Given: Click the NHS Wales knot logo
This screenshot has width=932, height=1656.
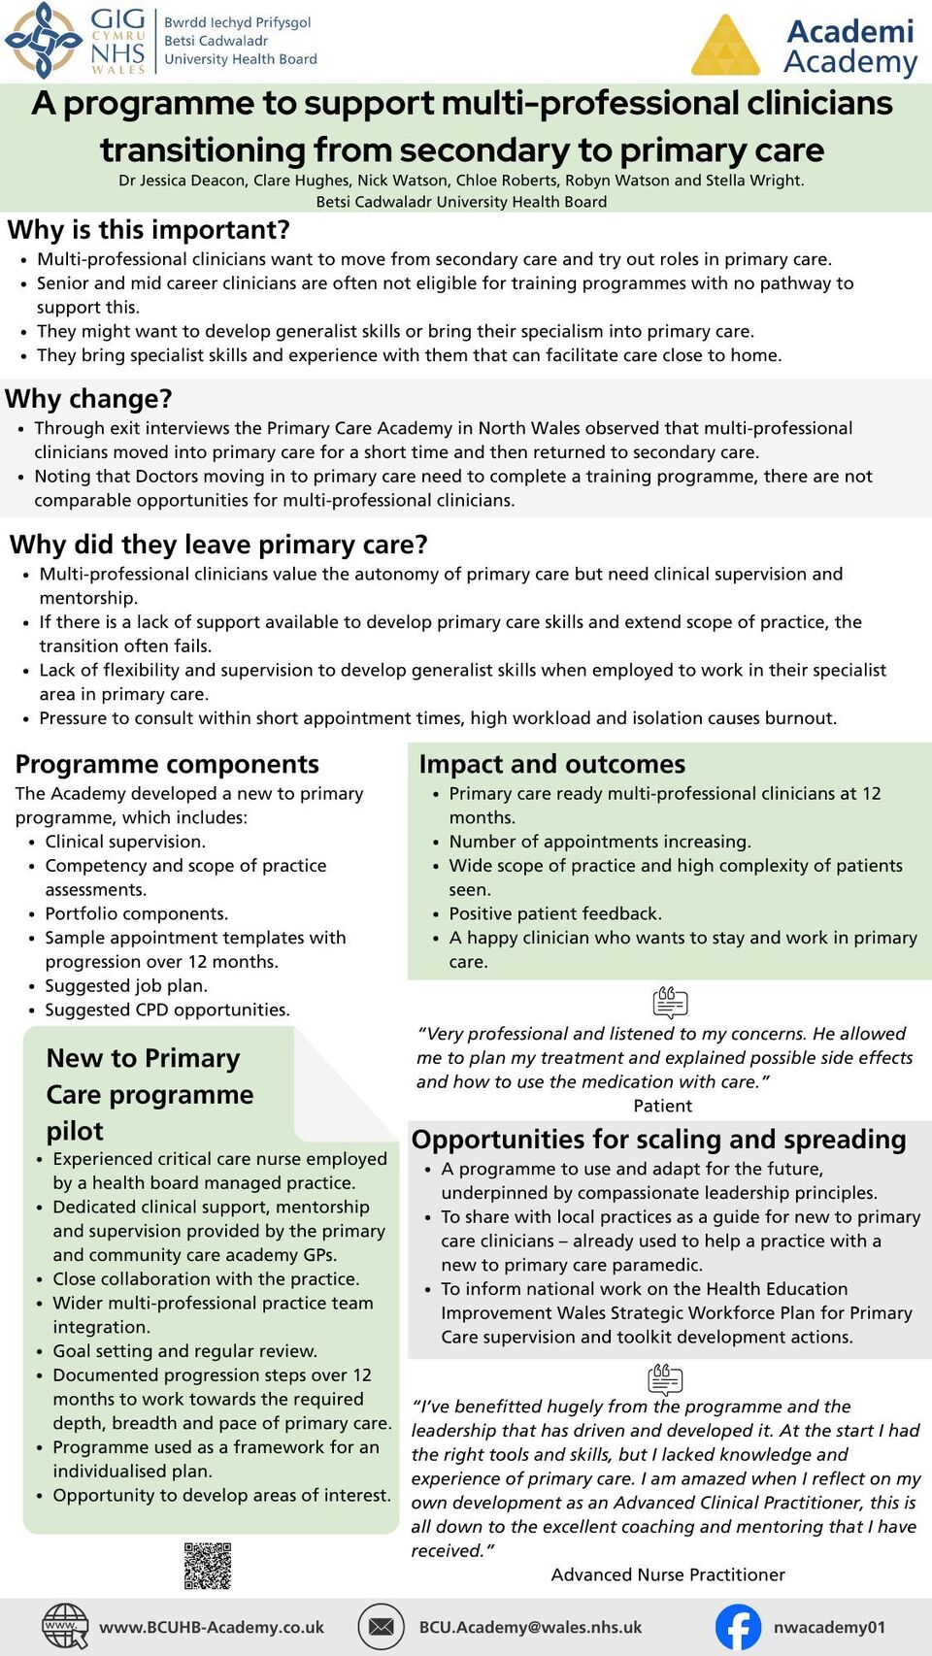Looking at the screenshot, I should point(43,40).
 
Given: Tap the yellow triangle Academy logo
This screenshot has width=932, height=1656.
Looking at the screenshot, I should point(725,48).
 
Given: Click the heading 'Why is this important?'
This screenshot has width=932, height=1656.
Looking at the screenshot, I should point(149,230).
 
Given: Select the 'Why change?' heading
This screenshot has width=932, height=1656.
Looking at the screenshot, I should point(88,399).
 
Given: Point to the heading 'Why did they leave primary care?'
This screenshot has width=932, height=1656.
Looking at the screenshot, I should point(218,545).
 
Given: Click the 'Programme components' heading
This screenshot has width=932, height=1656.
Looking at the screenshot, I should point(167,764).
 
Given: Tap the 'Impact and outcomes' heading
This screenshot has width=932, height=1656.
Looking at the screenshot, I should point(551,764).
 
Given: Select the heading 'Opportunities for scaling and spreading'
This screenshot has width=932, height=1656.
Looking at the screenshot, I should point(658,1139).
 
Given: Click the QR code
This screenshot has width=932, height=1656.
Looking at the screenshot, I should point(208,1566).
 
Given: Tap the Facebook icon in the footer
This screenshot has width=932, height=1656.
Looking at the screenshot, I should point(738,1627).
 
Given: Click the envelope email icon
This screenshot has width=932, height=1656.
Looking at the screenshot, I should point(381,1627).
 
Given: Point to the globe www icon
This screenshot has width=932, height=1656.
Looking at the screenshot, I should point(65,1627).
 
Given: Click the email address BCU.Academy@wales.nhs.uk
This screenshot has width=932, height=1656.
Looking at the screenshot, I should point(530,1627).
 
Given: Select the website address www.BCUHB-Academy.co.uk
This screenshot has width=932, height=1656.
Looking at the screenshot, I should point(212,1627).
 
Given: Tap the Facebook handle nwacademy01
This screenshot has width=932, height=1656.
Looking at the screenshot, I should point(829,1627).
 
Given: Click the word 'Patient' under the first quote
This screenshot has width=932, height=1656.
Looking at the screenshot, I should point(663,1106).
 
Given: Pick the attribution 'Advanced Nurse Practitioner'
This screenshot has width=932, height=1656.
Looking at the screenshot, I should point(668,1574).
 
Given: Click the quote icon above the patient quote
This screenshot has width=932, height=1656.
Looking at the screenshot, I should point(670,1002).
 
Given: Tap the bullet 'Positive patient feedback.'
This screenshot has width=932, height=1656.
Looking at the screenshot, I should point(554,913).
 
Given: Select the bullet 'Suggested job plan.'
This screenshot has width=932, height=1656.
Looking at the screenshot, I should point(126,985).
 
